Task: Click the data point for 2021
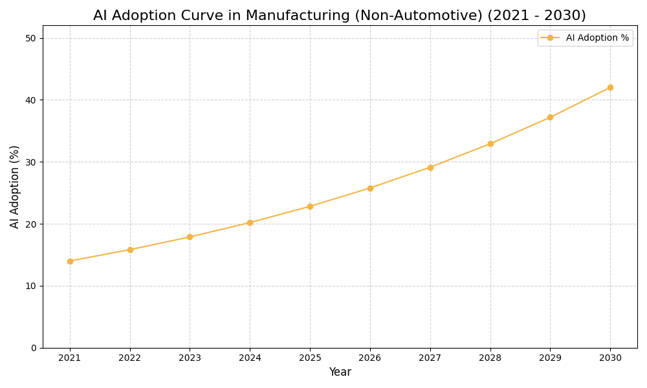pos(70,261)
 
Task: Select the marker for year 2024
pos(250,222)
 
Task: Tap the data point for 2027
pos(430,167)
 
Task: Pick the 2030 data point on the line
pos(610,87)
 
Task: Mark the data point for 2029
pos(550,117)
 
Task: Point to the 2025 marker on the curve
pos(310,206)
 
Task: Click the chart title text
pos(339,16)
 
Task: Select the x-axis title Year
pos(340,372)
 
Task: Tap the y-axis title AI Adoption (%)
pos(15,186)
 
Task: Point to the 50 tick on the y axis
pos(31,38)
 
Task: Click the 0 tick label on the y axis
pos(34,348)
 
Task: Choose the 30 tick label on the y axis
pos(31,162)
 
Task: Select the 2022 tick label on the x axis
pos(130,358)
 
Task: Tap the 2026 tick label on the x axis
pos(370,358)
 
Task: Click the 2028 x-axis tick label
pos(490,358)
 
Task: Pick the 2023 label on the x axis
pos(190,358)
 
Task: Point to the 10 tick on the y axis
pos(31,286)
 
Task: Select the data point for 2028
pos(490,144)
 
